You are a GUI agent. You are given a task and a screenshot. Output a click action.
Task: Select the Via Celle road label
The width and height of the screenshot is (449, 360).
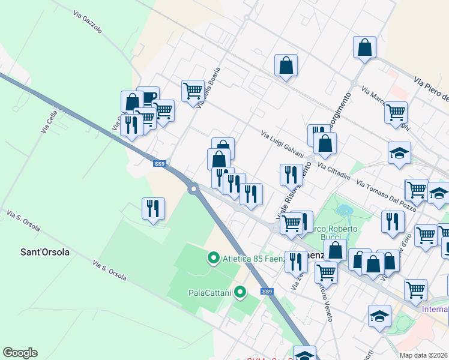[47, 121]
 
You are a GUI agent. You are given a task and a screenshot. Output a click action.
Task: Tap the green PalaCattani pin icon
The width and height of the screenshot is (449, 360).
[240, 293]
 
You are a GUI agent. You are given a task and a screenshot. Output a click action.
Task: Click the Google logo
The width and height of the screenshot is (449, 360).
[20, 353]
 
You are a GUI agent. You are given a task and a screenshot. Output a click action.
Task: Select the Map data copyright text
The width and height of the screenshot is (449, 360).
[424, 355]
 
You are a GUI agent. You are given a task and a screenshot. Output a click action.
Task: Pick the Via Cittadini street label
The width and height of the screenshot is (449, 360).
[334, 171]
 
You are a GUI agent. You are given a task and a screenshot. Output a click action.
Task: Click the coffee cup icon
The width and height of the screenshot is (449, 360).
[148, 97]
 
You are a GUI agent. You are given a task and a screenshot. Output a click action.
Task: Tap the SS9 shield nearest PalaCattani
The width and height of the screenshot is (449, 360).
[267, 292]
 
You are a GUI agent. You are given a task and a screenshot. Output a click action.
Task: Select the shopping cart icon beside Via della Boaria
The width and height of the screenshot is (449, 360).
[193, 91]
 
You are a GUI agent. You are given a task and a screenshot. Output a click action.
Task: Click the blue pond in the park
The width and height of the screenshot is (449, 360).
[345, 211]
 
